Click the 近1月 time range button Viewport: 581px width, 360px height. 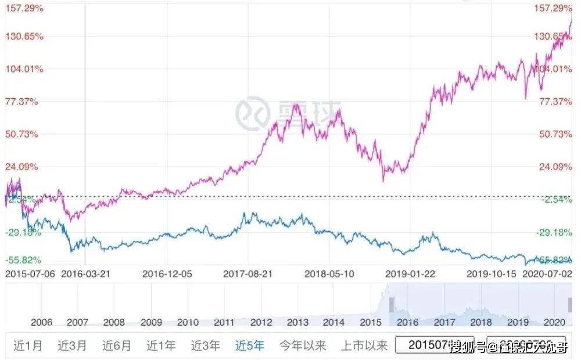pyautogui.click(x=28, y=346)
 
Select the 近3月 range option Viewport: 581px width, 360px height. pyautogui.click(x=72, y=346)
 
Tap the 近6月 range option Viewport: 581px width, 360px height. pyautogui.click(x=117, y=346)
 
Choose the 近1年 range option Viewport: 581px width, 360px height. pyautogui.click(x=161, y=346)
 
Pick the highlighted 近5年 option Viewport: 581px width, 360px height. pyautogui.click(x=250, y=346)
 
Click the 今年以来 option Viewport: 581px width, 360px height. pyautogui.click(x=303, y=346)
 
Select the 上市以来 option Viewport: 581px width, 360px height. pyautogui.click(x=364, y=346)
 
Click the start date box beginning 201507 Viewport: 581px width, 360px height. pyautogui.click(x=434, y=346)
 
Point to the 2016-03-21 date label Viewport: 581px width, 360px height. pyautogui.click(x=85, y=273)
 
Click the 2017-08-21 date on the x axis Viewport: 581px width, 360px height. pyautogui.click(x=248, y=273)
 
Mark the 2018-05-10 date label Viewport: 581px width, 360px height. pyautogui.click(x=329, y=273)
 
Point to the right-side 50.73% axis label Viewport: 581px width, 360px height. pyautogui.click(x=556, y=134)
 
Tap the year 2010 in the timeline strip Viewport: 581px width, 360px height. pyautogui.click(x=188, y=322)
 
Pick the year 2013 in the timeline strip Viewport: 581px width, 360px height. pyautogui.click(x=298, y=322)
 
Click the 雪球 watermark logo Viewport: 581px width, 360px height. pyautogui.click(x=288, y=111)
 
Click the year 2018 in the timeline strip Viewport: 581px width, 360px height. pyautogui.click(x=480, y=322)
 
